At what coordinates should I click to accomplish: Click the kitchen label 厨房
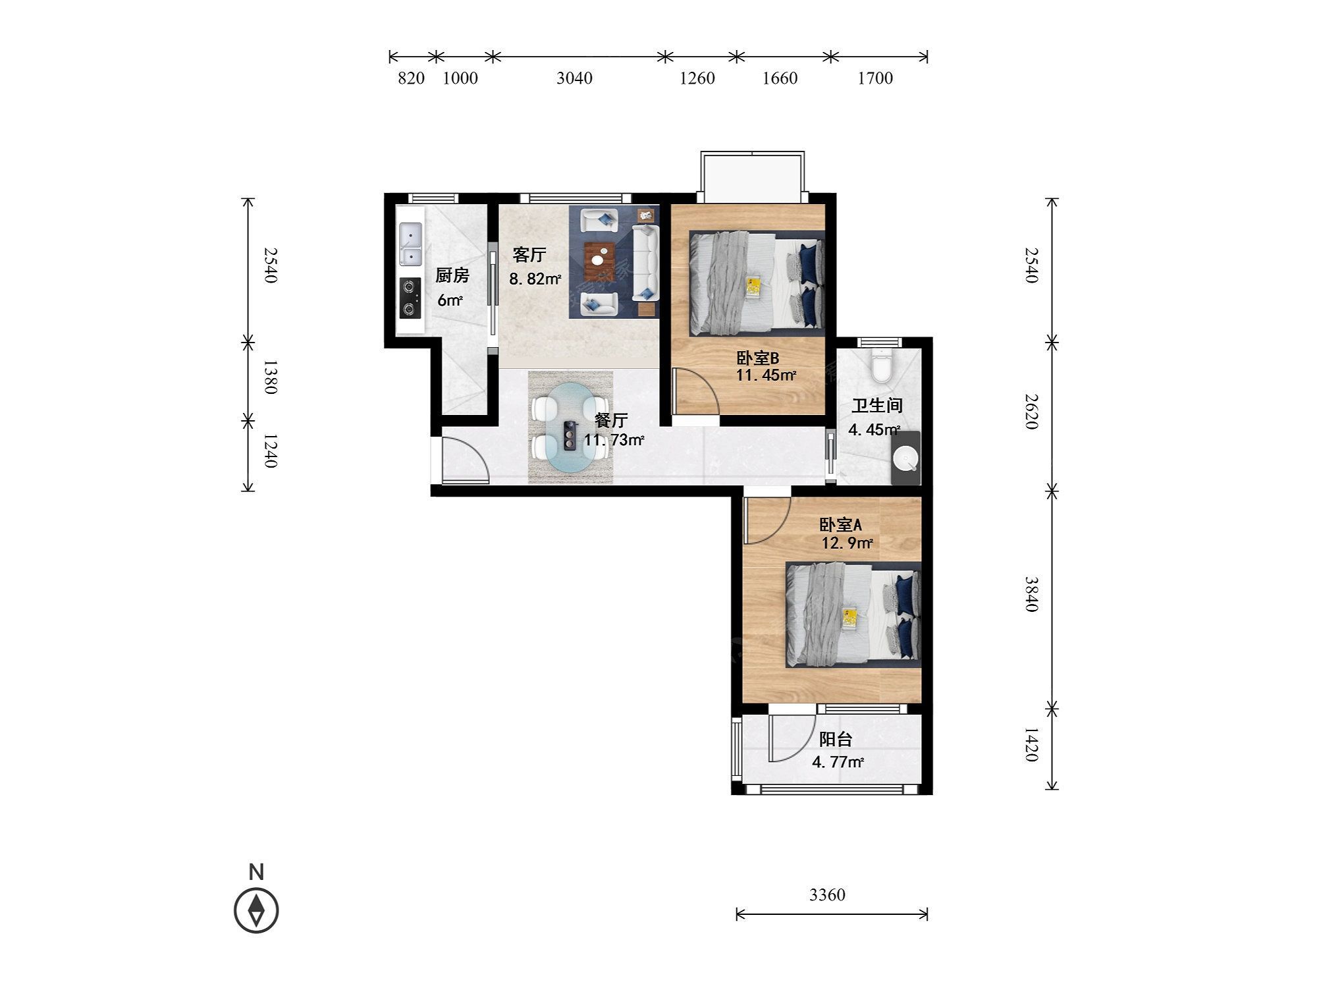click(x=452, y=275)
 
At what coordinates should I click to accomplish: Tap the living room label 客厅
click(x=529, y=254)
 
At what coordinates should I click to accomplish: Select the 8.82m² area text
click(x=535, y=279)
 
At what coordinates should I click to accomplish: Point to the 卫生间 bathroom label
click(x=876, y=406)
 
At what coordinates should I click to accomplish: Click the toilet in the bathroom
click(x=880, y=366)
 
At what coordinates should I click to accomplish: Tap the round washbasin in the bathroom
click(x=905, y=458)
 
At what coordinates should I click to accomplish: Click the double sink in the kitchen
click(x=411, y=244)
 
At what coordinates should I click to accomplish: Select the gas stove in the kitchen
click(x=410, y=298)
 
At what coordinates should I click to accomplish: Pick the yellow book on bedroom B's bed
click(x=753, y=287)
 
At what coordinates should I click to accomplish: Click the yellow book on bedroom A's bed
click(x=850, y=618)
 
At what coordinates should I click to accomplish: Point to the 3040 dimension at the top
click(x=574, y=78)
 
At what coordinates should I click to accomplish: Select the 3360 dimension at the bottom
click(x=827, y=894)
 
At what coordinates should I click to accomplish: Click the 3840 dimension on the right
click(x=1031, y=594)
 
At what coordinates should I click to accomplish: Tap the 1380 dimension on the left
click(x=269, y=377)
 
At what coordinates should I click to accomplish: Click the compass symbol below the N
click(x=256, y=910)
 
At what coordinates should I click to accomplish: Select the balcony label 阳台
click(x=836, y=740)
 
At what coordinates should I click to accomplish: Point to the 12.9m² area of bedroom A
click(x=847, y=543)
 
